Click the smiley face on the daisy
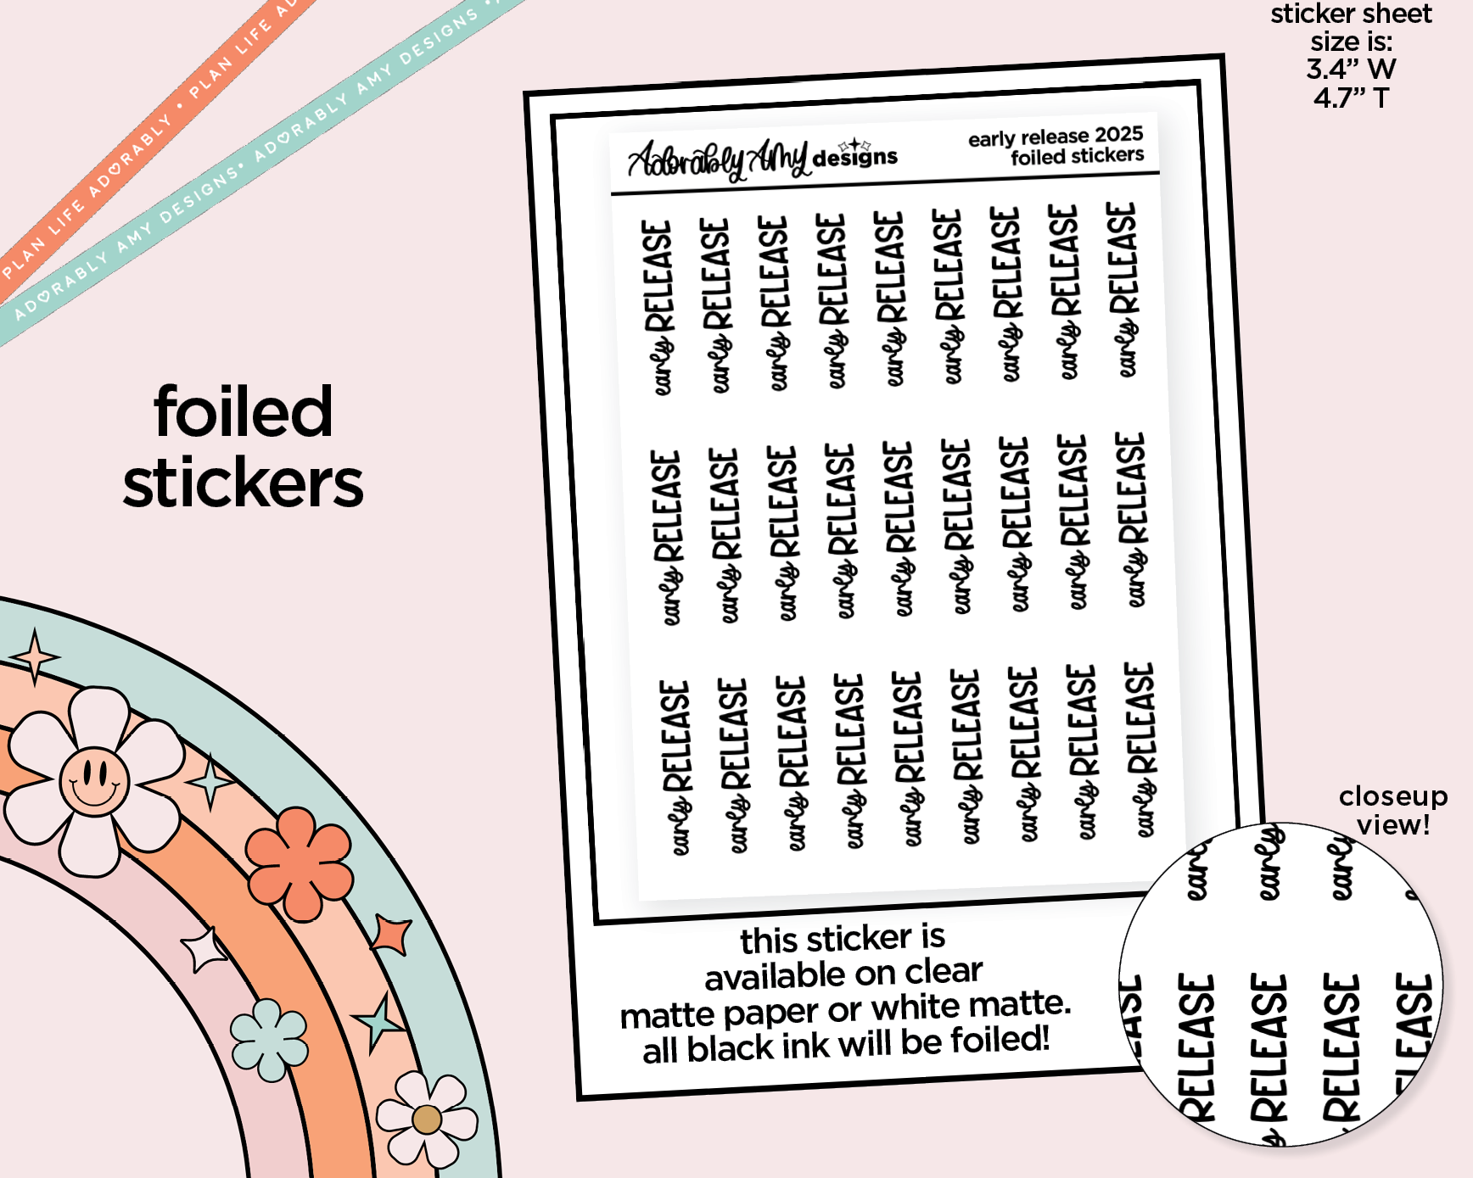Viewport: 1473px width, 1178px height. [94, 780]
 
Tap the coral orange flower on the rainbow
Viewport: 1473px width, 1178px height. [300, 863]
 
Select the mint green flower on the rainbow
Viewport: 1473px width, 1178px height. [270, 1040]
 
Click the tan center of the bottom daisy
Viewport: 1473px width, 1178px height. [427, 1119]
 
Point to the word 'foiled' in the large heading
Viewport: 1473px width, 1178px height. [243, 412]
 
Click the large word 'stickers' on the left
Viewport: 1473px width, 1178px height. [243, 483]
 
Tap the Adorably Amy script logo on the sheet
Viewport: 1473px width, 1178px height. [717, 159]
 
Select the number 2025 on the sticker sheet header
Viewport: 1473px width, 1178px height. [1118, 135]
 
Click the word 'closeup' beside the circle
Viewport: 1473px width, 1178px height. [1392, 796]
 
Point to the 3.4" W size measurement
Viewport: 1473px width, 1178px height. [1351, 70]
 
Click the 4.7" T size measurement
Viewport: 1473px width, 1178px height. [1351, 98]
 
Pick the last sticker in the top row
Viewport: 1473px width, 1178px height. [1123, 290]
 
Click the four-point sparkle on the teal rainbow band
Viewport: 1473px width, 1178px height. [34, 657]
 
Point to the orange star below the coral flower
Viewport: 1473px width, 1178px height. [392, 935]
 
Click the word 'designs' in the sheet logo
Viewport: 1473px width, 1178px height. [854, 158]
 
